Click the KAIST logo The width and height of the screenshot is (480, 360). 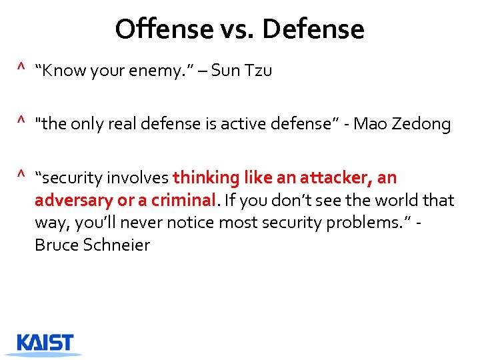click(45, 343)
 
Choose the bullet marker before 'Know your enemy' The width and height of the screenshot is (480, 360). click(21, 68)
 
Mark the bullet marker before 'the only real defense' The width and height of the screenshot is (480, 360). click(21, 121)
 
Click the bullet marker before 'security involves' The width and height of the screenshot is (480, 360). click(21, 175)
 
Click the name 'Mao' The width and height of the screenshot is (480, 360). click(372, 124)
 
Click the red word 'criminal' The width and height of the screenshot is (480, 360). click(189, 200)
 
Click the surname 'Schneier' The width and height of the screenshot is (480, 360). click(117, 245)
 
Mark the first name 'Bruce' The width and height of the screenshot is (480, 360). click(56, 245)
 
